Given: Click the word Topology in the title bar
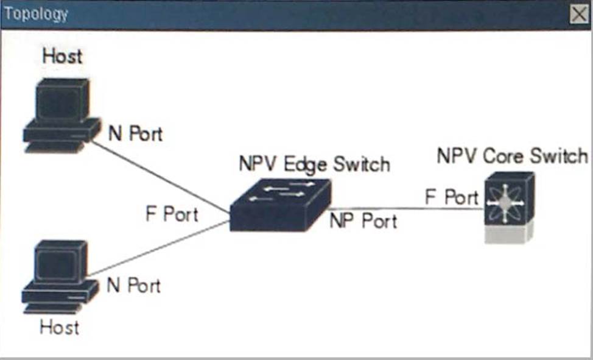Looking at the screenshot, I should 37,14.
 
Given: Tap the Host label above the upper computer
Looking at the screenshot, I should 62,57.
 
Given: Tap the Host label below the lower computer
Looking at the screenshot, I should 59,327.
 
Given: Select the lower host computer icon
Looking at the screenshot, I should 59,277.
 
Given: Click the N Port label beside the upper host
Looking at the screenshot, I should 135,133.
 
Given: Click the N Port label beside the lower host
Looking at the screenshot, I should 134,285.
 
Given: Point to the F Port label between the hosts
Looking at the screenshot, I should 172,214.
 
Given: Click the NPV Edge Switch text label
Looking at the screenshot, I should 314,164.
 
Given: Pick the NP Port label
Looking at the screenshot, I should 363,221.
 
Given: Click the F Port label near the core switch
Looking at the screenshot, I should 451,197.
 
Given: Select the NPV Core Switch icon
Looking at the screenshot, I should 509,207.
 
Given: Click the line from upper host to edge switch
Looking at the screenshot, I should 161,177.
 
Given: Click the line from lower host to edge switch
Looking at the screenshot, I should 158,249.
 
